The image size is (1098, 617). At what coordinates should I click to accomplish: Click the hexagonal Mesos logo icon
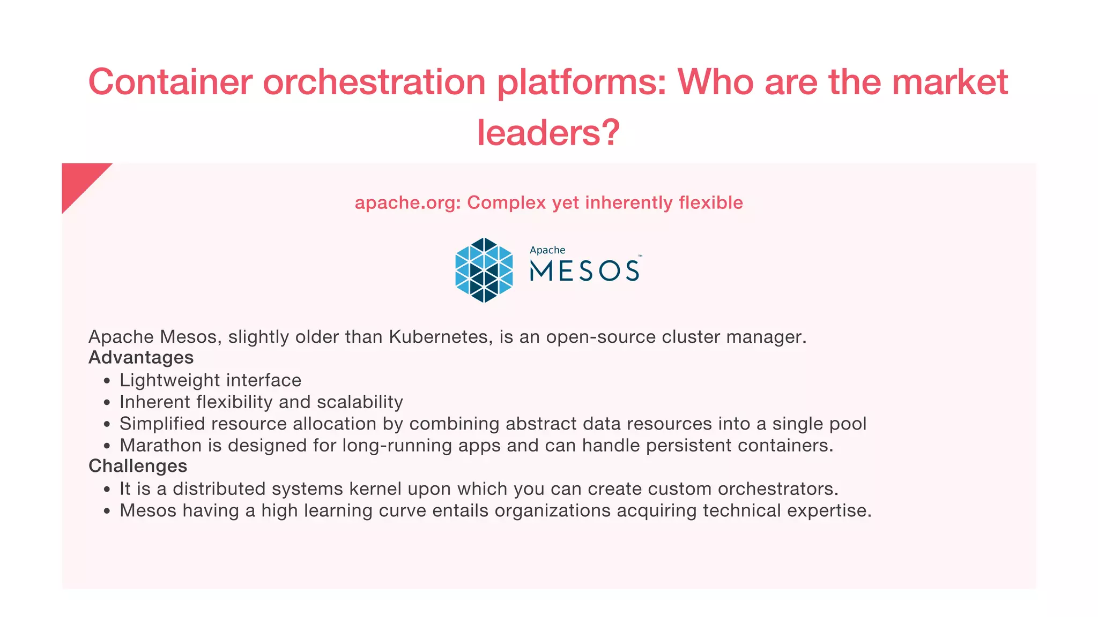pyautogui.click(x=484, y=270)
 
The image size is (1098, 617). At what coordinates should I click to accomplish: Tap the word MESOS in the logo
pyautogui.click(x=584, y=271)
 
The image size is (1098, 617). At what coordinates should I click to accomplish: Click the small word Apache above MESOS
pyautogui.click(x=547, y=250)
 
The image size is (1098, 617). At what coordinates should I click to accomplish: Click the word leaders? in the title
pyautogui.click(x=548, y=132)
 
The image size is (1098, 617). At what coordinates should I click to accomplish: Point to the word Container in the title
pyautogui.click(x=170, y=82)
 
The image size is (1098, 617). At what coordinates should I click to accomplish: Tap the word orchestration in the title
pyautogui.click(x=374, y=82)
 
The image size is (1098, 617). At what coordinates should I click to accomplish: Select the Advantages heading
pyautogui.click(x=141, y=357)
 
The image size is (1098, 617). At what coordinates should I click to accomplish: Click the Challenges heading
pyautogui.click(x=138, y=466)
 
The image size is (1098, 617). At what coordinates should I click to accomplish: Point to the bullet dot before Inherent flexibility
pyautogui.click(x=107, y=403)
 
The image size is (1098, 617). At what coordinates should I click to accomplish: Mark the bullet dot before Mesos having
pyautogui.click(x=107, y=511)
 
